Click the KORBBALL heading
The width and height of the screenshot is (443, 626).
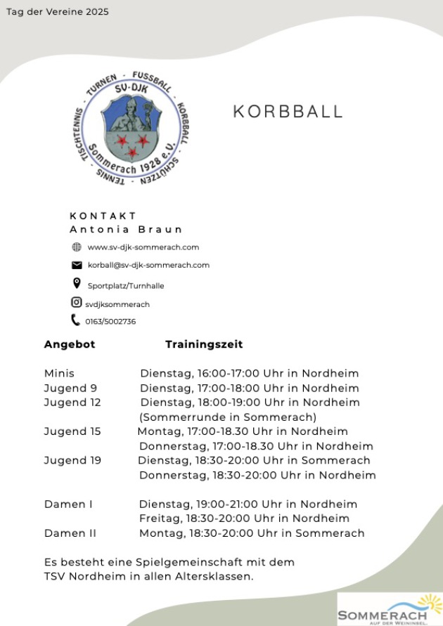click(x=288, y=112)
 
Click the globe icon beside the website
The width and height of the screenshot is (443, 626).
click(x=77, y=247)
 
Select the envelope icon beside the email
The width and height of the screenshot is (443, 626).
click(x=77, y=265)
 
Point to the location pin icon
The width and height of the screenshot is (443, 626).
click(x=77, y=284)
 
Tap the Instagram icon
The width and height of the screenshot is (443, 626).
click(x=77, y=303)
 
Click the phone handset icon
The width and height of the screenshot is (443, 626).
click(x=76, y=320)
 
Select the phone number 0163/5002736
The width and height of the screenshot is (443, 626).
click(x=110, y=322)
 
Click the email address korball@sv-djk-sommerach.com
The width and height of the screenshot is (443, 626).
click(x=148, y=265)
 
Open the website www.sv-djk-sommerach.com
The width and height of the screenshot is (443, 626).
click(x=143, y=247)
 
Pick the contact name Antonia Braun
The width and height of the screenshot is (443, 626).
click(x=127, y=229)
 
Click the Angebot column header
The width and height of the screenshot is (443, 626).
click(x=70, y=344)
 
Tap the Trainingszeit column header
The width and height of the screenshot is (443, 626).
click(x=204, y=344)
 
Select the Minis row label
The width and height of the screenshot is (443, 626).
click(x=59, y=373)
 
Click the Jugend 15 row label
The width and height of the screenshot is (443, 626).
click(x=72, y=431)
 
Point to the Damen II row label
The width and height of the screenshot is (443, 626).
click(x=70, y=533)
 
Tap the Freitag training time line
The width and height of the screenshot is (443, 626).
click(x=244, y=519)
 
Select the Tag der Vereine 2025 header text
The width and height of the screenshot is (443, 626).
click(x=58, y=12)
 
